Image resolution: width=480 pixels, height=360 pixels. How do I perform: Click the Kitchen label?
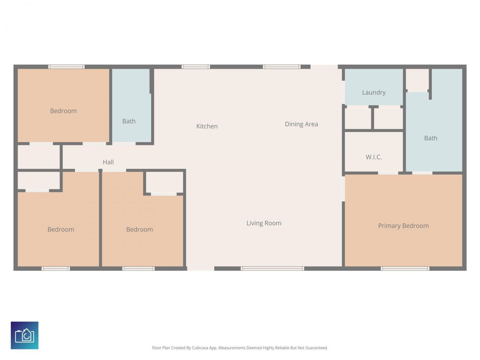207,126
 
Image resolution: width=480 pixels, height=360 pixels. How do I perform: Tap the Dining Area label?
301,124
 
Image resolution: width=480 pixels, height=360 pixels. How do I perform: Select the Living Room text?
264,223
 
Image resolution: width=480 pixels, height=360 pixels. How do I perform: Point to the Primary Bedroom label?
403,226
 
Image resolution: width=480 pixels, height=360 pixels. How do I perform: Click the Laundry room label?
373,93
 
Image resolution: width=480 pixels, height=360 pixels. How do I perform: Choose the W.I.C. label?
373,157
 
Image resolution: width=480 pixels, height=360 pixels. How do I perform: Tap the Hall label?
108,162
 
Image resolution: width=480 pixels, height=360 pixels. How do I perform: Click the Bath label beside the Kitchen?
129,121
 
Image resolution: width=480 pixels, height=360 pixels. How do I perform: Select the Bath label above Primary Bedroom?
430,138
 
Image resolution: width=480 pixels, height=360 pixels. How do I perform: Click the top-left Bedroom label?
63,111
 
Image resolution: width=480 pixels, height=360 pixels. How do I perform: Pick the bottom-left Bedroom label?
61,229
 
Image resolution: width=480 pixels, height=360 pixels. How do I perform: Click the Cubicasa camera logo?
24,335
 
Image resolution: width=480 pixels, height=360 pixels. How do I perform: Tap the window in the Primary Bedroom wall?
405,268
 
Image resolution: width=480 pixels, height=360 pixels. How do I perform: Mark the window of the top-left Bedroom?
66,67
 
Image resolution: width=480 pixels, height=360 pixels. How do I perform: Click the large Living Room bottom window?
272,268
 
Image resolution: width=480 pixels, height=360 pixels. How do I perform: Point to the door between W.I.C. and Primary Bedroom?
388,173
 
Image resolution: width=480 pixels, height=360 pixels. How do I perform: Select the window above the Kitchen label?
196,67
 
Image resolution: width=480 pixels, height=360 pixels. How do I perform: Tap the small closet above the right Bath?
417,79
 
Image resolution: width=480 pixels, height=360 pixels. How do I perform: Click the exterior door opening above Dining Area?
324,67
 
